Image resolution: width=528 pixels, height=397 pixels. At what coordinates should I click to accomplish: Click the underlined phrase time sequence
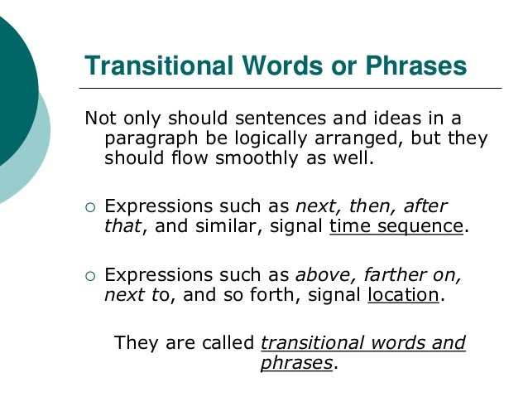tap(396, 226)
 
